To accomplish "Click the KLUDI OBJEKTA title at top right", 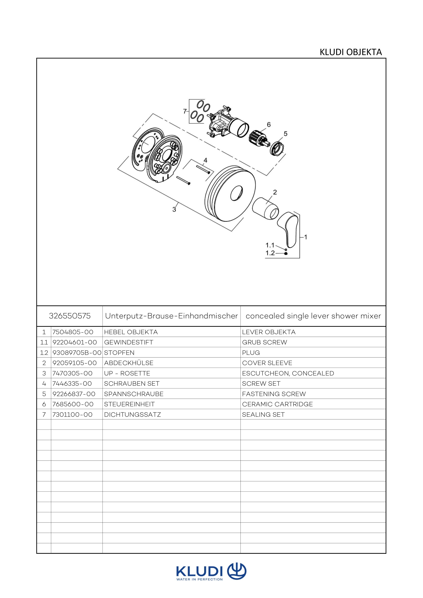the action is point(351,52).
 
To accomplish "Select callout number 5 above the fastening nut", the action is point(286,134).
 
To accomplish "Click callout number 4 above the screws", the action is point(206,160).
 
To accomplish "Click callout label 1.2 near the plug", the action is point(270,253).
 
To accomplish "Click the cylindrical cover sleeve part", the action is point(265,208).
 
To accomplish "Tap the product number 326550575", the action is point(70,316).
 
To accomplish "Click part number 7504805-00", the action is point(73,332).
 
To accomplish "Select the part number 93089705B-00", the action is point(77,353).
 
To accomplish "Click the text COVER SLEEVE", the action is point(267,363).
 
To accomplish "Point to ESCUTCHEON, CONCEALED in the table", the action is point(288,373).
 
